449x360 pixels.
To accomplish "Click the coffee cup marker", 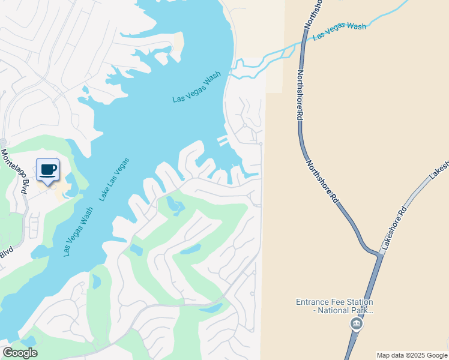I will [47, 170].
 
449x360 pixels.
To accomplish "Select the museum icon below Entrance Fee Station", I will [356, 325].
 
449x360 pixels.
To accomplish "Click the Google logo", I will [20, 352].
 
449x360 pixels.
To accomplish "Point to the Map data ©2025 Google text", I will [412, 355].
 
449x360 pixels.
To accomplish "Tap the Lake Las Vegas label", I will [114, 179].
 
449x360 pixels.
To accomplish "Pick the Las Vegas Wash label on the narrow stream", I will [339, 31].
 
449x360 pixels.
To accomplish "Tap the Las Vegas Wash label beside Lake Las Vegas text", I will [78, 232].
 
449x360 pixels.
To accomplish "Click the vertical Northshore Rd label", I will [299, 96].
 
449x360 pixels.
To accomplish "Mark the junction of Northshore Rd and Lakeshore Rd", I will [378, 254].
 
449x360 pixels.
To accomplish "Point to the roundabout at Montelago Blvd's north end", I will [3, 142].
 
